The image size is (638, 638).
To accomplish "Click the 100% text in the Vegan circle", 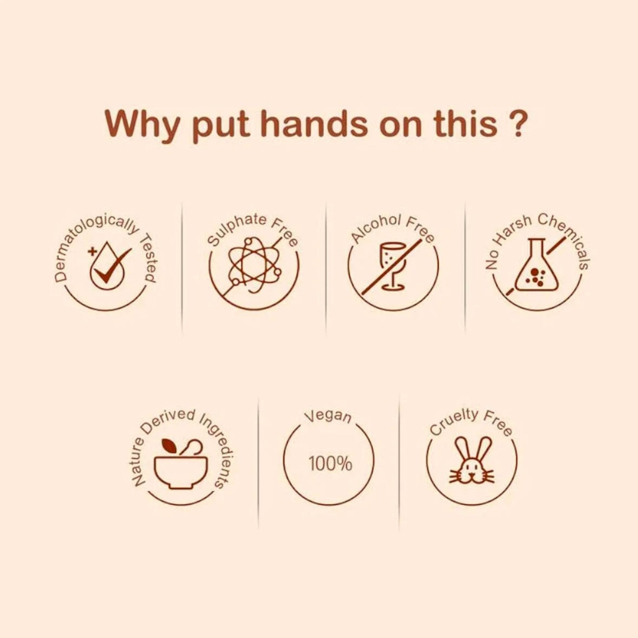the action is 330,464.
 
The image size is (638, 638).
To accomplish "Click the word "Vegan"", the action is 329,416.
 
